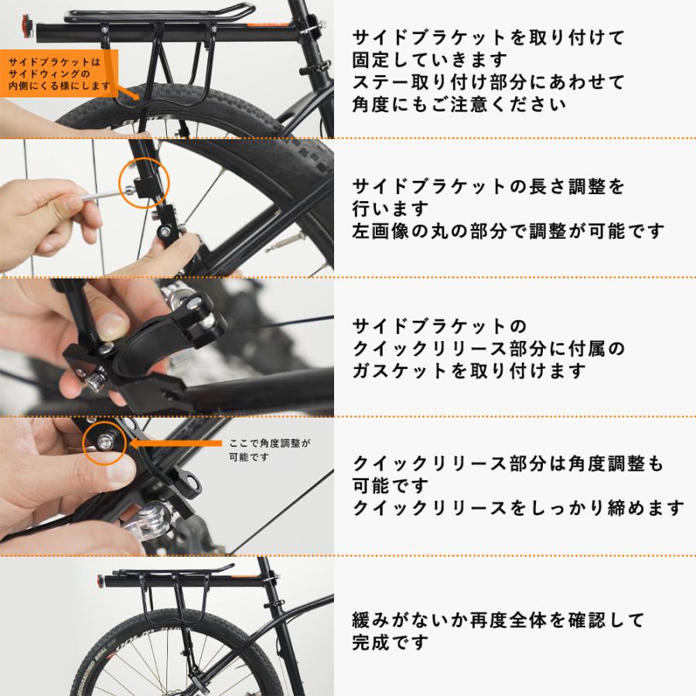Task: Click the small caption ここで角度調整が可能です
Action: pyautogui.click(x=268, y=450)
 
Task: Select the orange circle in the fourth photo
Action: pyautogui.click(x=104, y=442)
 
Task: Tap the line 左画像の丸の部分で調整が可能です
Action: pyautogui.click(x=507, y=230)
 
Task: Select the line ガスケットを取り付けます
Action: pyautogui.click(x=469, y=370)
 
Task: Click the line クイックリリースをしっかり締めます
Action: pyautogui.click(x=518, y=508)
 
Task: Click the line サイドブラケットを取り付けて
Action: pyautogui.click(x=487, y=37)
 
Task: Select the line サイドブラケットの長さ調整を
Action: pyautogui.click(x=487, y=186)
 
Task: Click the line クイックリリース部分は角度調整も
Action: pyautogui.click(x=507, y=464)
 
